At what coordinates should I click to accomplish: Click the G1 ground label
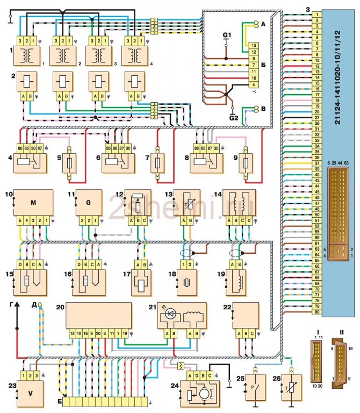tap(226, 35)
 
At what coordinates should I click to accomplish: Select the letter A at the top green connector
tap(262, 24)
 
